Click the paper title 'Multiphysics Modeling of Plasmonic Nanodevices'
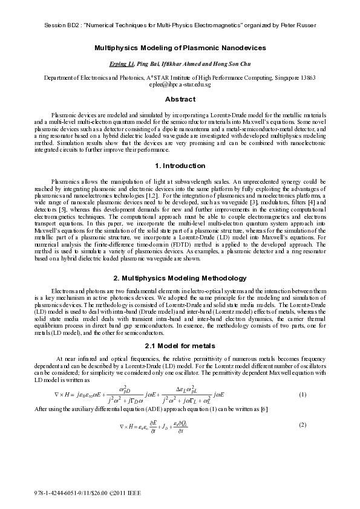180,47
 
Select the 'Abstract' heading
180,99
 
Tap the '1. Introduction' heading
180,166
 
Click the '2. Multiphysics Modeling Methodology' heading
180,278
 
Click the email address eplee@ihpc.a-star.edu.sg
180,85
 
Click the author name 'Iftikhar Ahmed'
175,63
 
